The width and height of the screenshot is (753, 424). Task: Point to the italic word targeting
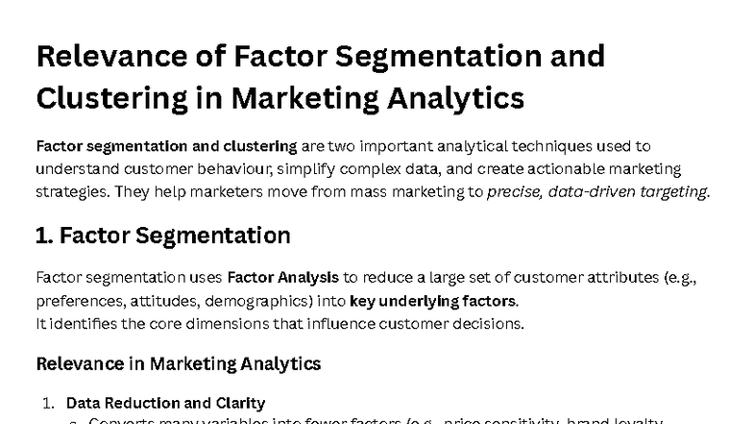tap(675, 190)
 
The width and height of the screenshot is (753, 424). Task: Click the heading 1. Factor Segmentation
tap(162, 235)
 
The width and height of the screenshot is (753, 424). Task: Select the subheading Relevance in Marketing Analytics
tap(178, 363)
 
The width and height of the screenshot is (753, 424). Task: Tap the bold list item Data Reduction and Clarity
tap(165, 403)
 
